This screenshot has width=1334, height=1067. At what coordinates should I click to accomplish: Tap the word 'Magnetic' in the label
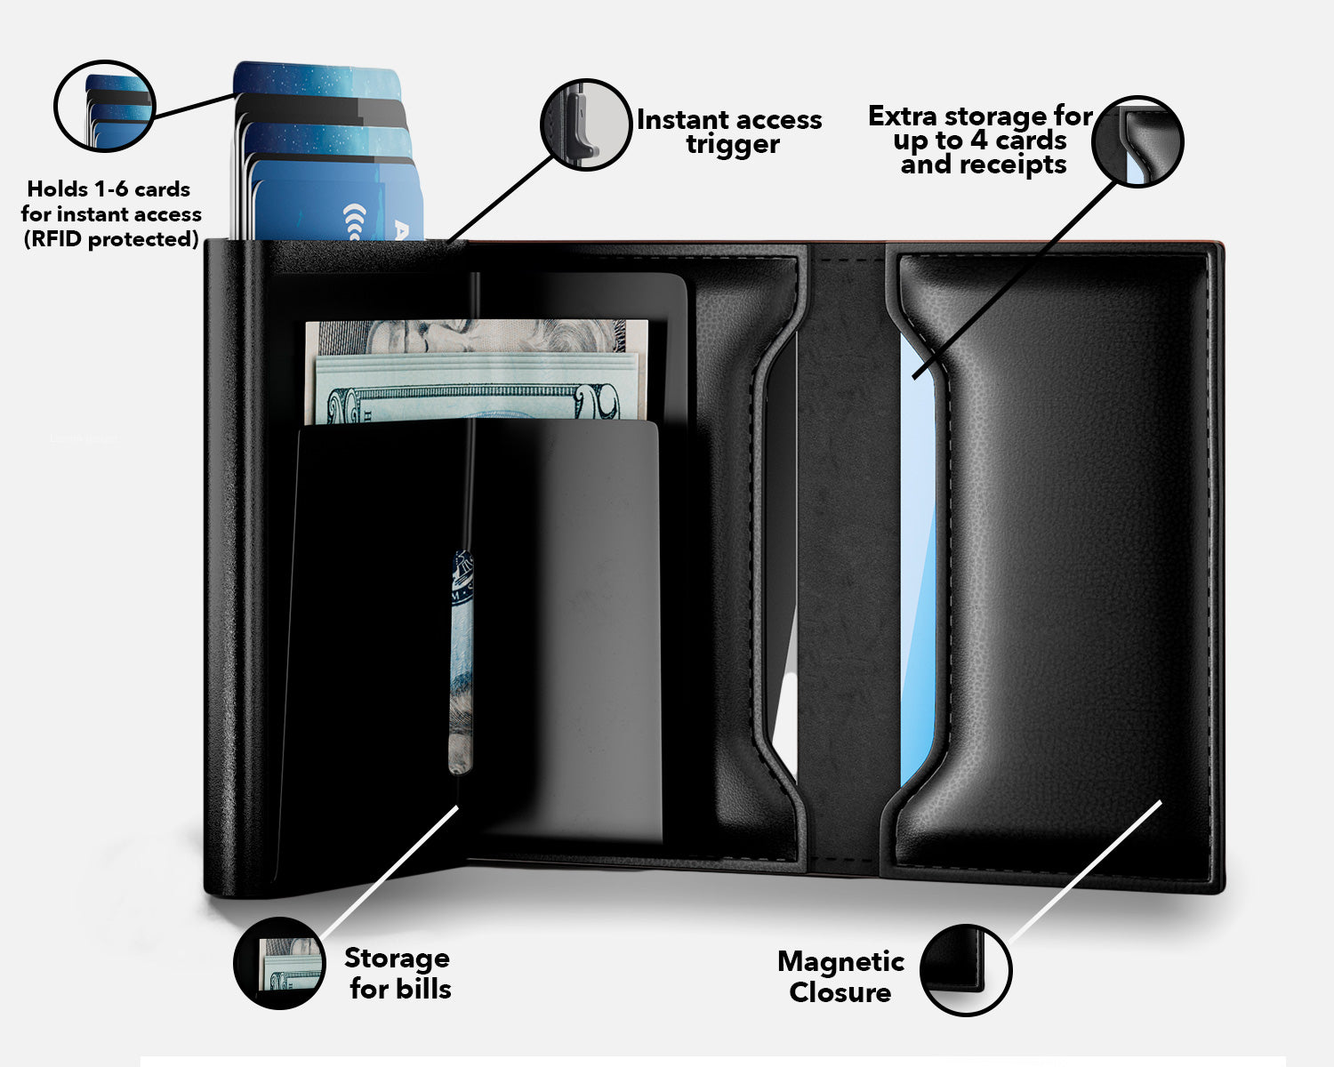(840, 961)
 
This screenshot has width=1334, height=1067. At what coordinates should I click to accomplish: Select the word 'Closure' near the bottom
(840, 992)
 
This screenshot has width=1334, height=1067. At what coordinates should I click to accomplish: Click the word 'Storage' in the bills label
(397, 959)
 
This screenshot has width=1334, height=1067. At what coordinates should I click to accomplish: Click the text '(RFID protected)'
(111, 239)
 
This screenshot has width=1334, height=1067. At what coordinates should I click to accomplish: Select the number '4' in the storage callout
(978, 140)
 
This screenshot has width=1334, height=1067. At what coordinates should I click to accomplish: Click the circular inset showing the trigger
(586, 124)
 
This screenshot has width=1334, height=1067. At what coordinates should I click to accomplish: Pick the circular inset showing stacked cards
(104, 106)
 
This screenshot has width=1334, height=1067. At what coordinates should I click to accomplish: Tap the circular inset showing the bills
(279, 963)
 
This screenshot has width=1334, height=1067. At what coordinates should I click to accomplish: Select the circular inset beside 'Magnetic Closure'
(966, 970)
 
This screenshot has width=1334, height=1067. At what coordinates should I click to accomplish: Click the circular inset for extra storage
(1137, 141)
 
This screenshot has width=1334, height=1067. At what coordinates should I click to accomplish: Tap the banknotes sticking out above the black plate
(476, 371)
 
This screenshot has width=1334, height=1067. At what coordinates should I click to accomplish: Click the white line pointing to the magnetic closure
(1085, 872)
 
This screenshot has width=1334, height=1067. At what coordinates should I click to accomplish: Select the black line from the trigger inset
(499, 198)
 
